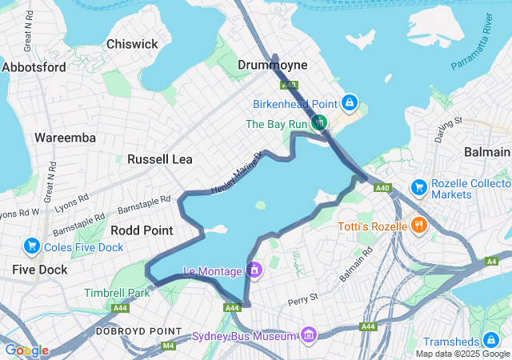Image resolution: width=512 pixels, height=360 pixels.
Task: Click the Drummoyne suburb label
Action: (x=273, y=64)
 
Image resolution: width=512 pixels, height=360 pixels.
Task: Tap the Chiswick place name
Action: (x=132, y=44)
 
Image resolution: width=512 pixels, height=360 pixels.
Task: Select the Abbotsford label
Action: (x=34, y=67)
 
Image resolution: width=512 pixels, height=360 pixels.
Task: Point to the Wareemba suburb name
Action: (x=65, y=138)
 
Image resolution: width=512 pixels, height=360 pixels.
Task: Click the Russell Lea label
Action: (x=160, y=159)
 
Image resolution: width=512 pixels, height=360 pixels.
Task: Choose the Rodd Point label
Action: (x=142, y=230)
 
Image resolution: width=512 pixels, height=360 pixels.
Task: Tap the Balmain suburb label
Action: (x=486, y=152)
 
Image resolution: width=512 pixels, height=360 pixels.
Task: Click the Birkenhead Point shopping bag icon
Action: (x=350, y=103)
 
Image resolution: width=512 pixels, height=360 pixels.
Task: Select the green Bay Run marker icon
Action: (x=320, y=123)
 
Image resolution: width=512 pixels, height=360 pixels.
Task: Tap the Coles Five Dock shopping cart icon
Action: (x=33, y=245)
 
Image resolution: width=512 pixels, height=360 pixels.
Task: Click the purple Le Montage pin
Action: (x=254, y=270)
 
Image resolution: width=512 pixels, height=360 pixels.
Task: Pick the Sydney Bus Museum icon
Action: (x=309, y=334)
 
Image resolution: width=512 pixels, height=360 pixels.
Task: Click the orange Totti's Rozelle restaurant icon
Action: (x=418, y=226)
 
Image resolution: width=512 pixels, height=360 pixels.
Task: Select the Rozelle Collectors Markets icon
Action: (x=418, y=187)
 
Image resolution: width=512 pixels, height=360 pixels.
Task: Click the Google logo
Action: (x=26, y=350)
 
